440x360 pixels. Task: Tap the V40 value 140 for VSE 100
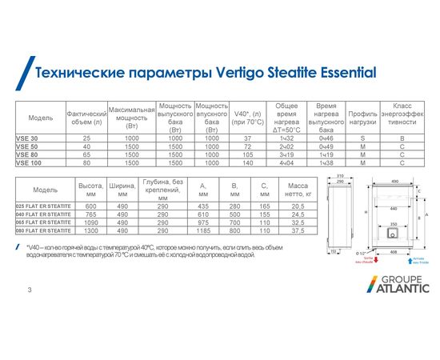pyautogui.click(x=247, y=162)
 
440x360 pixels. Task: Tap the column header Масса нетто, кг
pyautogui.click(x=297, y=191)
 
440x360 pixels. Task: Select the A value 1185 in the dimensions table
pyautogui.click(x=203, y=230)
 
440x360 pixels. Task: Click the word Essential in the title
pyautogui.click(x=339, y=74)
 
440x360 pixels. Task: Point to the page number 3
pyautogui.click(x=30, y=287)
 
